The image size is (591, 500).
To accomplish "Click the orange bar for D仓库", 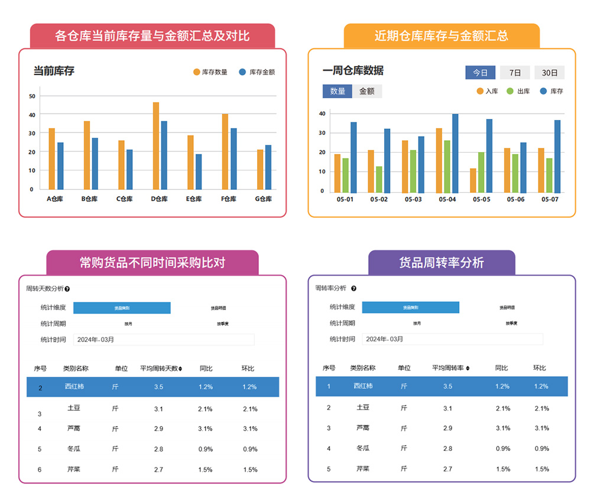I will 156,146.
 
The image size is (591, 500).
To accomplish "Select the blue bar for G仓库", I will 269,167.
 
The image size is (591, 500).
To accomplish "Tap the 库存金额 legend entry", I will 257,72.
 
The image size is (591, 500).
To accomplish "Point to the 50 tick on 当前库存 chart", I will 32,96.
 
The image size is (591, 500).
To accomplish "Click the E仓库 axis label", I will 194,199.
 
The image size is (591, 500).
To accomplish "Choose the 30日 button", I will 550,73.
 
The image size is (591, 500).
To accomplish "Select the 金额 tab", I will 367,91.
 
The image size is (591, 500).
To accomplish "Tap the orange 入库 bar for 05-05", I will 473,180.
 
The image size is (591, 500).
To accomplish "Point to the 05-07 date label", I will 550,199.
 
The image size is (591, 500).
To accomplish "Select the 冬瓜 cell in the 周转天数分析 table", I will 74,449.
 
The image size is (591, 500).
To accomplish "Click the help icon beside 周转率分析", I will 353,289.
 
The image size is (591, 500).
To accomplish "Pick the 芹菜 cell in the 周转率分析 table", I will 363,469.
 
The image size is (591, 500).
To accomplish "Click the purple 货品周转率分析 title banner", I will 441,262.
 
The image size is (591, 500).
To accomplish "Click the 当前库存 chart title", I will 54,72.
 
